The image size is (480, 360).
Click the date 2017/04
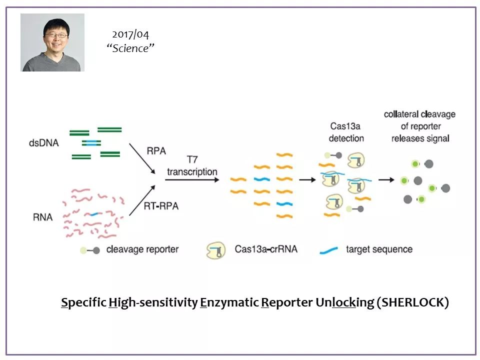(x=130, y=34)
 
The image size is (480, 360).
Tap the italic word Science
(x=130, y=48)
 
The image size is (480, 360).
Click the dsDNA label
(x=44, y=143)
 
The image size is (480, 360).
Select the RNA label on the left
(x=43, y=217)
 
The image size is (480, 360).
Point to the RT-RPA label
(x=161, y=205)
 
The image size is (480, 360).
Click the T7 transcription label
(x=192, y=165)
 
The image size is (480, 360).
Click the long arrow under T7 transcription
(x=192, y=179)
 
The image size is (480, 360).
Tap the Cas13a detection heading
(x=346, y=132)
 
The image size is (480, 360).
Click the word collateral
(x=401, y=114)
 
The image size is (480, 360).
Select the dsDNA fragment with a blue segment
(x=91, y=143)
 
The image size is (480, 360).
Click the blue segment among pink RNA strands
(x=94, y=214)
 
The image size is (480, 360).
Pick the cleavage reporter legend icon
(x=89, y=250)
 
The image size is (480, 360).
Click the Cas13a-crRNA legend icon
(x=216, y=250)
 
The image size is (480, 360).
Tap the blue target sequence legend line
(x=329, y=250)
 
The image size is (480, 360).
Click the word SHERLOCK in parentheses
(x=412, y=302)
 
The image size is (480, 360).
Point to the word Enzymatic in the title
(x=229, y=303)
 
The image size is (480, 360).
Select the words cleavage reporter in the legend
(x=142, y=249)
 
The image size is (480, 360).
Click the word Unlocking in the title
(x=344, y=303)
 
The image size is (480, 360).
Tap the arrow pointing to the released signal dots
(x=386, y=179)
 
